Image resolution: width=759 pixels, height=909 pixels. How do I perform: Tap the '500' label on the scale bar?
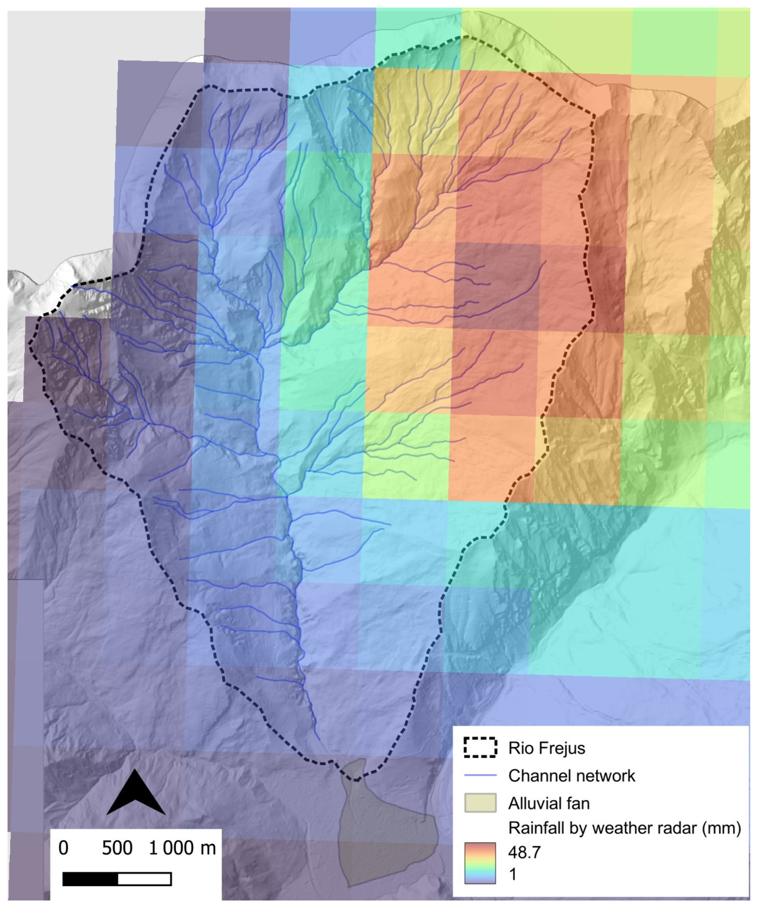pyautogui.click(x=117, y=848)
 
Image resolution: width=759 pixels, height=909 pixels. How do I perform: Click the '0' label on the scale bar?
pyautogui.click(x=63, y=848)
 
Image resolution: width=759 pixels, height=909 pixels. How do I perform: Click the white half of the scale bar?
pyautogui.click(x=144, y=879)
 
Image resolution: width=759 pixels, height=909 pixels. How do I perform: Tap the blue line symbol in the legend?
pyautogui.click(x=480, y=776)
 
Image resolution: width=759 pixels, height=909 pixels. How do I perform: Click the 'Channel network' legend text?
pyautogui.click(x=571, y=776)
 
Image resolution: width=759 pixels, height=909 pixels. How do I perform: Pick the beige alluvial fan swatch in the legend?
pyautogui.click(x=480, y=803)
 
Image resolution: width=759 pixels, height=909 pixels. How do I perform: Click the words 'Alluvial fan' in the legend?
pyautogui.click(x=549, y=803)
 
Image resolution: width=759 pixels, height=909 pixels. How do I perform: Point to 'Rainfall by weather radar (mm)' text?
pyautogui.click(x=624, y=828)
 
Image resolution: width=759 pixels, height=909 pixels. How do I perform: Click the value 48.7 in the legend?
pyautogui.click(x=524, y=852)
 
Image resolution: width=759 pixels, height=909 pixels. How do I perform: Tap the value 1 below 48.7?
pyautogui.click(x=513, y=874)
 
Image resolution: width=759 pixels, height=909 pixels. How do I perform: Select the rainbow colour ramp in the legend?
pyautogui.click(x=480, y=863)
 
